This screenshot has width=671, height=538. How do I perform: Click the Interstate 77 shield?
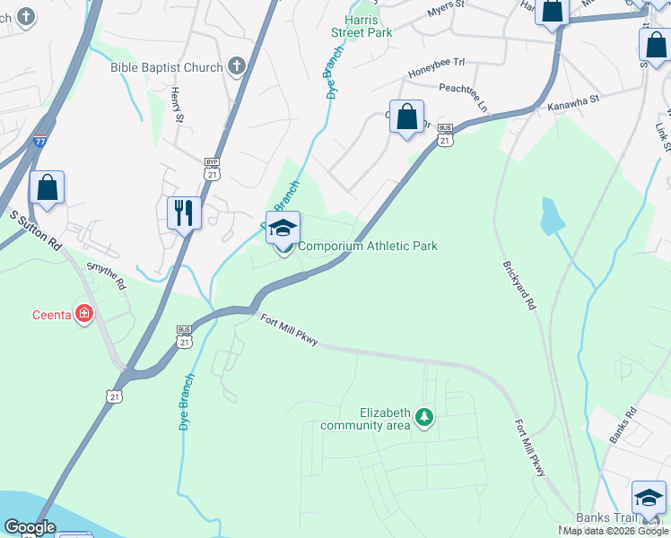point(39,141)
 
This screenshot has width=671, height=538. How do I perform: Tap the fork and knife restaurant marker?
point(185,213)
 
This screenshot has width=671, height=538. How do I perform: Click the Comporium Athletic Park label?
point(368,246)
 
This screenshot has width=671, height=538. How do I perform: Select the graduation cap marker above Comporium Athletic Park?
point(283,228)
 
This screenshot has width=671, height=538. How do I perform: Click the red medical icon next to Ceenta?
point(85,314)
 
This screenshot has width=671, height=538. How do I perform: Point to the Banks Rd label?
point(622,427)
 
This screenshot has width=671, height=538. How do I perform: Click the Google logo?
point(30,527)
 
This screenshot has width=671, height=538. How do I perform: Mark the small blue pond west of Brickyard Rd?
point(552,215)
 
